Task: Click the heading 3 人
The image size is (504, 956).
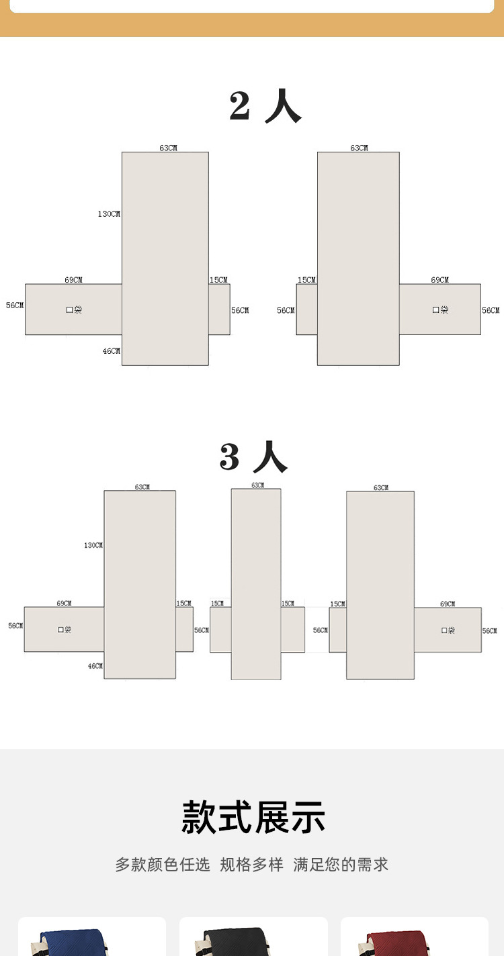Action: point(253,458)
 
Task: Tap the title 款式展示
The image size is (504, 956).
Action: point(253,817)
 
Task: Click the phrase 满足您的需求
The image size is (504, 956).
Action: point(341,865)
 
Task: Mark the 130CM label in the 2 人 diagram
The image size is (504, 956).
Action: point(109,214)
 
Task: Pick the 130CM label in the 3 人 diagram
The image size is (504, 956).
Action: point(93,546)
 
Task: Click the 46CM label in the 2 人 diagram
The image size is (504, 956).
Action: point(112,351)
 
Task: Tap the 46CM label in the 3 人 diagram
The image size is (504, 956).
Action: point(95,666)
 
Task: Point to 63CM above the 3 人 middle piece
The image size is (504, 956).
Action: point(257,485)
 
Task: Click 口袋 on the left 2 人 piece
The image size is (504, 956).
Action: point(74,310)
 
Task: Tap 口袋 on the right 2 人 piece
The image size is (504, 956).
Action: point(440,310)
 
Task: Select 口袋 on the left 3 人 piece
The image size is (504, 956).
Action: point(65,630)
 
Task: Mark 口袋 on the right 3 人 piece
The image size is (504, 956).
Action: point(448,630)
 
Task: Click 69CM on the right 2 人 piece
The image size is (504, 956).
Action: point(440,280)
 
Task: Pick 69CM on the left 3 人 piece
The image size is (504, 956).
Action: point(65,604)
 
